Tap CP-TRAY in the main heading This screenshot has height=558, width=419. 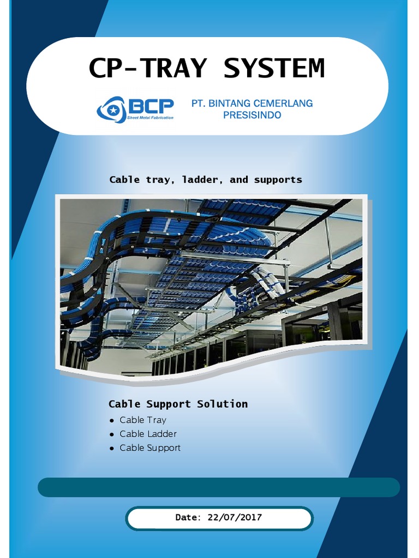148,69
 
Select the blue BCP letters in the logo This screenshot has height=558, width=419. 151,106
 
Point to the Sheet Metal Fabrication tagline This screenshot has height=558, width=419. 150,118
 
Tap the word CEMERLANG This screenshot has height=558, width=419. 283,104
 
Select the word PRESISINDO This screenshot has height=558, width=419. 252,115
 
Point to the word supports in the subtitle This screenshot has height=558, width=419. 278,180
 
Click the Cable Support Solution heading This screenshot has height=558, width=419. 178,404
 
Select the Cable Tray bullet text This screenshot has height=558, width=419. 143,420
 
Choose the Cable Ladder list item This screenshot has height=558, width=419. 148,434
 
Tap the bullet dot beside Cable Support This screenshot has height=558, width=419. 112,448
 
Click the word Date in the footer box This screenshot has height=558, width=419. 188,518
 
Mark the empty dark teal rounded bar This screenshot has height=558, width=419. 219,487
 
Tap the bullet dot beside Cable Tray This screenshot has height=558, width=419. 112,421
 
